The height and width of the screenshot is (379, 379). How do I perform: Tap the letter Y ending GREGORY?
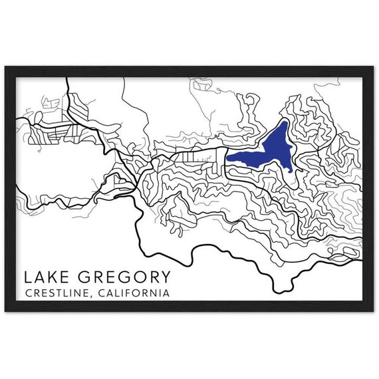(x=164, y=276)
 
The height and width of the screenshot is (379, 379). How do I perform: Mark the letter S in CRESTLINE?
(x=46, y=292)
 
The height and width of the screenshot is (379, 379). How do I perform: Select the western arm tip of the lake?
(x=227, y=158)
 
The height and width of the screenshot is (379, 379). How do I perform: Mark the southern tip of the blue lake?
(x=291, y=170)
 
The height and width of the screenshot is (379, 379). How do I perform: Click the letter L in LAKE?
(x=27, y=276)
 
